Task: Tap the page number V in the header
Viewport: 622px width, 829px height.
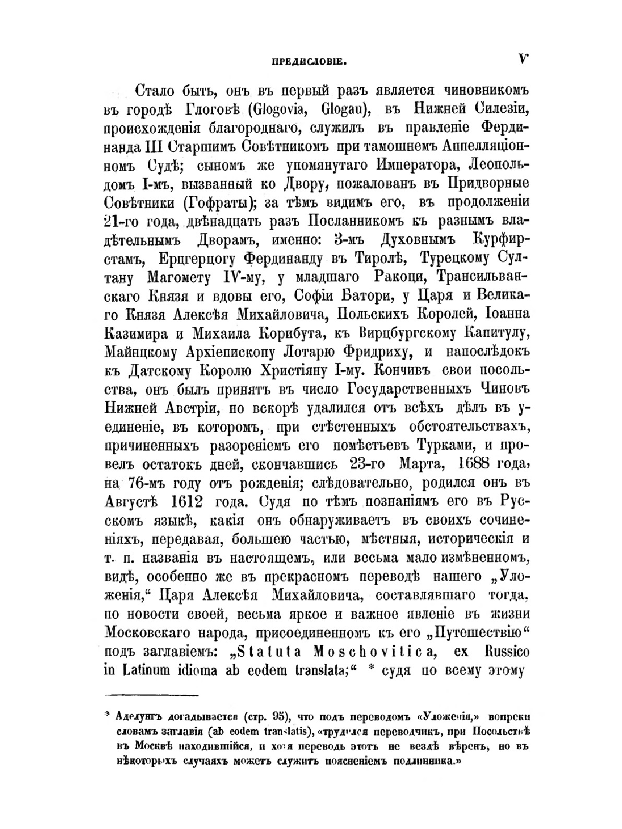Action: (x=523, y=60)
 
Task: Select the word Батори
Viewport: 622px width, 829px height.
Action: (x=360, y=298)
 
